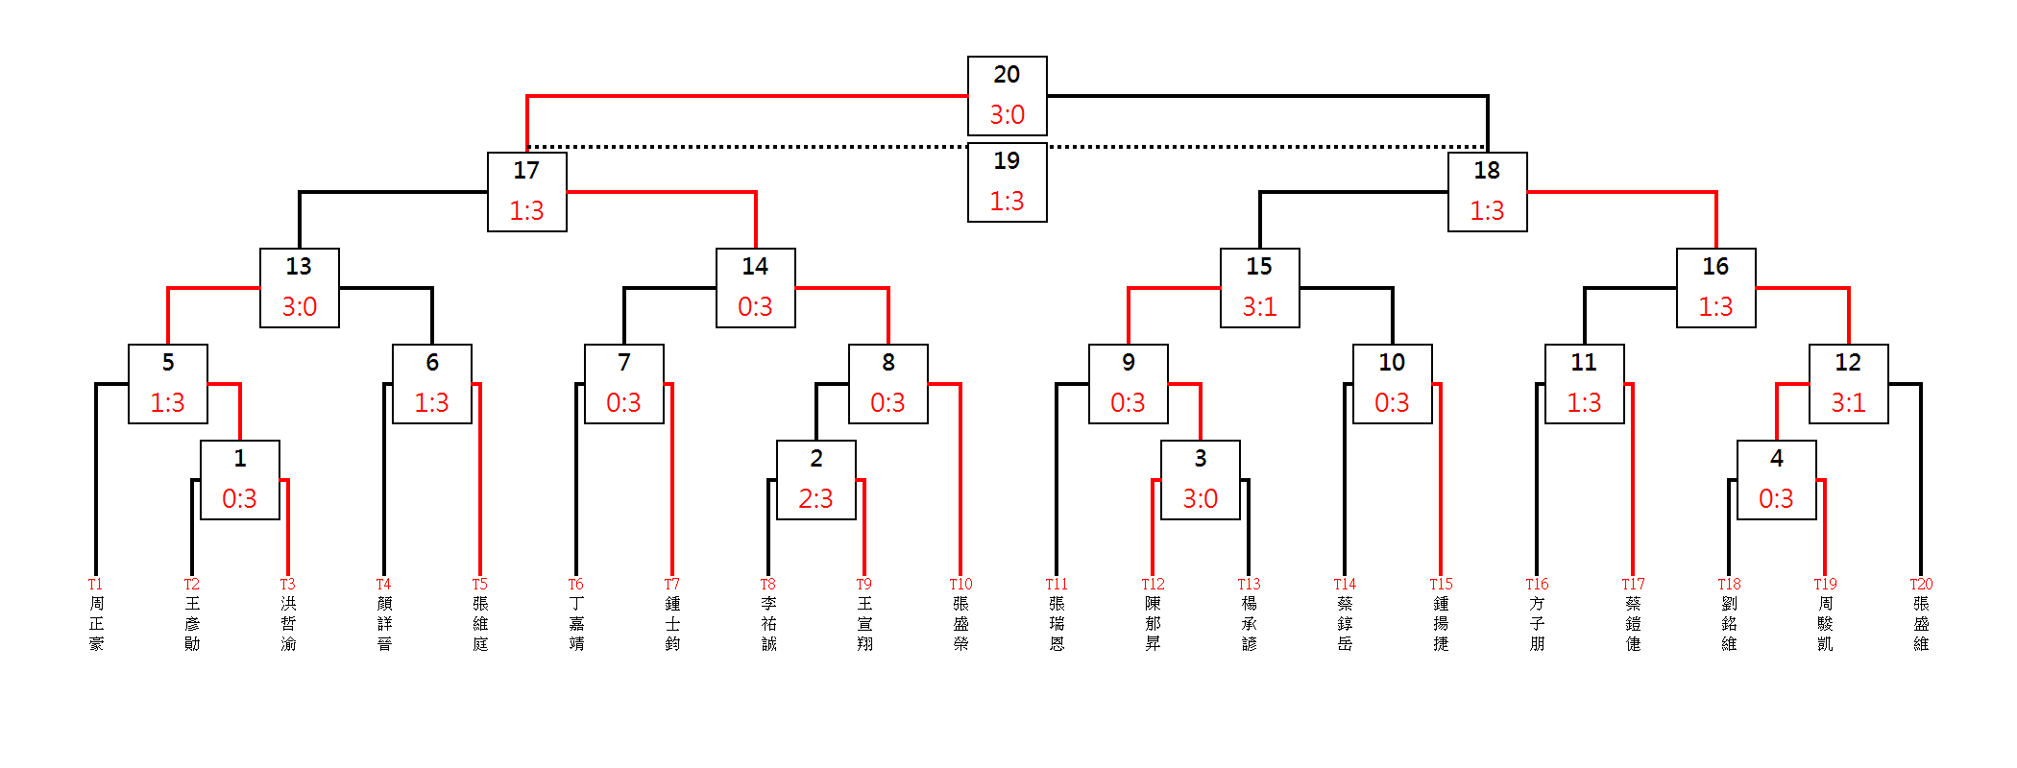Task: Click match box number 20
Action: (x=1007, y=95)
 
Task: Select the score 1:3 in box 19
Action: (x=1007, y=202)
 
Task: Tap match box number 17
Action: (x=526, y=191)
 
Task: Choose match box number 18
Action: (x=1487, y=191)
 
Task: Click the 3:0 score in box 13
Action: (x=299, y=307)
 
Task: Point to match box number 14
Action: (x=755, y=287)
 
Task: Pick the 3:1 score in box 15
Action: (x=1259, y=307)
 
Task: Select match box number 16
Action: (x=1715, y=287)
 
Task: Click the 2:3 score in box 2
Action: (x=815, y=499)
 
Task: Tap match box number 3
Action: (x=1200, y=479)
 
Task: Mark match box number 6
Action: (x=431, y=383)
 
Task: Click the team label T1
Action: (x=95, y=584)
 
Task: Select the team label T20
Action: (x=1921, y=584)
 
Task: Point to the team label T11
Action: (x=1057, y=584)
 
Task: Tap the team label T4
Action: (x=383, y=584)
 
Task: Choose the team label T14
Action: (x=1345, y=584)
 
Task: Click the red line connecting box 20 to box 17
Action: (x=749, y=96)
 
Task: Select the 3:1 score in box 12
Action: (x=1848, y=403)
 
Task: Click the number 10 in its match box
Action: (x=1392, y=363)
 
